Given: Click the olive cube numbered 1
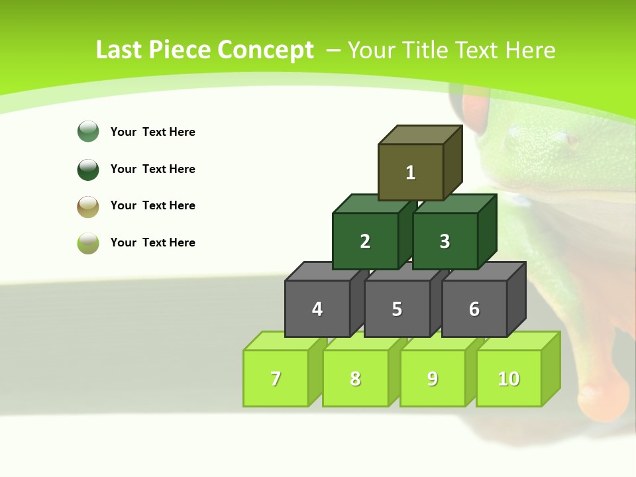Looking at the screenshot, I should [x=411, y=172].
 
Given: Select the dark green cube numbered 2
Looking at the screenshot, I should [x=365, y=241].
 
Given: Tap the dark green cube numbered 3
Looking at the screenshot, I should [x=445, y=241].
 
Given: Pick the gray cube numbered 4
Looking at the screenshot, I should [x=317, y=309].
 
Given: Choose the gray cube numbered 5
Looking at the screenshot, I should [x=397, y=309].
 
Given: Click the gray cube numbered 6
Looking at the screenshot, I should [x=474, y=309].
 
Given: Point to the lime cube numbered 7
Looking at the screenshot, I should [x=276, y=378].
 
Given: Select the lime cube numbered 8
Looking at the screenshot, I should [x=355, y=378].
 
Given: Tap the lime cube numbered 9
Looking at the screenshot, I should [x=433, y=378].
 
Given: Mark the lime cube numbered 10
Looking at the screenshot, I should [x=509, y=378].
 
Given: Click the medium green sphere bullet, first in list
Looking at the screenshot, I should [x=88, y=131].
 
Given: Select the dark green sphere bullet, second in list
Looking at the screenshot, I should [x=88, y=169].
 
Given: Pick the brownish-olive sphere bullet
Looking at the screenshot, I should [x=88, y=206].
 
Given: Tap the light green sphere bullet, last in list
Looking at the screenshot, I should [x=88, y=242].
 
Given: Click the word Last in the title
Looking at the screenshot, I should [x=119, y=50].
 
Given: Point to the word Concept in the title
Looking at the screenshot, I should [x=266, y=50].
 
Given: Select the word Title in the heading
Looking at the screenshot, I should [x=427, y=50].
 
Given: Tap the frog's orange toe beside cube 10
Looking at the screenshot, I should [x=610, y=391].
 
